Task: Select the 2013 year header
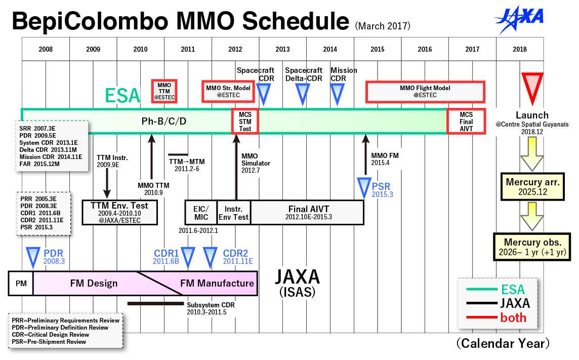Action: (x=282, y=49)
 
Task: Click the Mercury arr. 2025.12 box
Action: (x=532, y=186)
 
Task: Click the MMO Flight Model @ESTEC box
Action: (x=425, y=92)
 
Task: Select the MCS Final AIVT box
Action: (x=466, y=122)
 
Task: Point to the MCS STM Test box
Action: (x=245, y=122)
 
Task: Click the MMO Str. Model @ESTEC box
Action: (x=228, y=92)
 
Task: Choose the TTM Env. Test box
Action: (x=119, y=212)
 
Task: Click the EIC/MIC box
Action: (x=201, y=212)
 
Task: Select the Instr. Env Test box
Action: (x=233, y=212)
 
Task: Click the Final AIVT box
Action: (x=307, y=212)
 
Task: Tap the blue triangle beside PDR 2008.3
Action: (x=33, y=256)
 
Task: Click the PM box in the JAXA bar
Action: (x=21, y=284)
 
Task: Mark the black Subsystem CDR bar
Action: (x=155, y=304)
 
